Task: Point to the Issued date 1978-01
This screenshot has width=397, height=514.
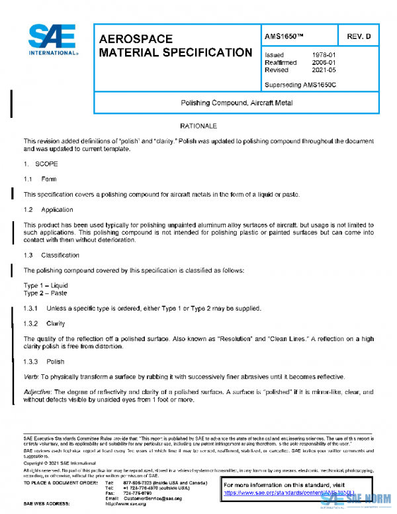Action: [x=324, y=55]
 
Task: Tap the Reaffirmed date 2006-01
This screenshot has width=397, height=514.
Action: [x=324, y=62]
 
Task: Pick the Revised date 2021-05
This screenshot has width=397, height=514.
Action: [x=324, y=70]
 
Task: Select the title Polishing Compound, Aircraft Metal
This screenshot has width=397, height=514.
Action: [x=236, y=103]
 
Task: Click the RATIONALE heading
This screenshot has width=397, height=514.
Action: [x=198, y=126]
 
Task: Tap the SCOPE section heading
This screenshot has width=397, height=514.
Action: [x=46, y=163]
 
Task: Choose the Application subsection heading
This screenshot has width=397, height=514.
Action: [x=57, y=210]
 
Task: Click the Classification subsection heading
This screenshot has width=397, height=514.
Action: [x=61, y=255]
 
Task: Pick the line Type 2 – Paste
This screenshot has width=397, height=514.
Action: [x=45, y=293]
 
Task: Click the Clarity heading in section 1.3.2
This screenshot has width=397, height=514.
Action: [x=56, y=324]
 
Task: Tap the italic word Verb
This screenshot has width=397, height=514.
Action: [x=31, y=377]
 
